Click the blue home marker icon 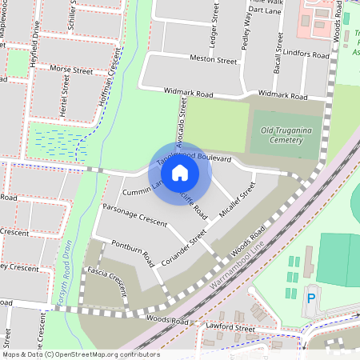180,172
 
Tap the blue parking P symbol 311,298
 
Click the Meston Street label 214,59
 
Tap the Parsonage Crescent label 130,215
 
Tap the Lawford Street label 230,328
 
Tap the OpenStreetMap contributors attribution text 80,354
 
